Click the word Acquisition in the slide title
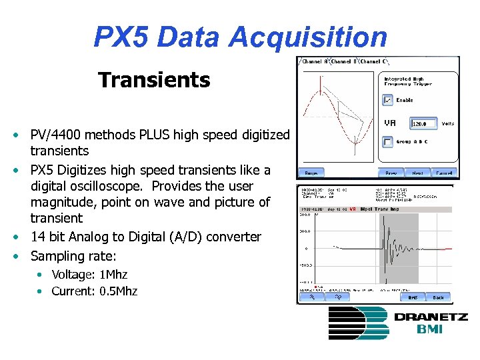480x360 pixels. tap(307, 37)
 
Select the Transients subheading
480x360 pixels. tap(154, 81)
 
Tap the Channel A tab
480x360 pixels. tap(315, 61)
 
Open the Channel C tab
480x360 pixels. tap(375, 61)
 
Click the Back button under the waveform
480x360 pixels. tap(438, 297)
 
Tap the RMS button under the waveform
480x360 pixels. tap(413, 297)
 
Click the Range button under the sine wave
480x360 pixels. tap(311, 173)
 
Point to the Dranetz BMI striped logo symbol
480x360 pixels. tap(358, 323)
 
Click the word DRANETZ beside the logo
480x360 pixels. tap(431, 317)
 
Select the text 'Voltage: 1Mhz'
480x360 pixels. tap(89, 274)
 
